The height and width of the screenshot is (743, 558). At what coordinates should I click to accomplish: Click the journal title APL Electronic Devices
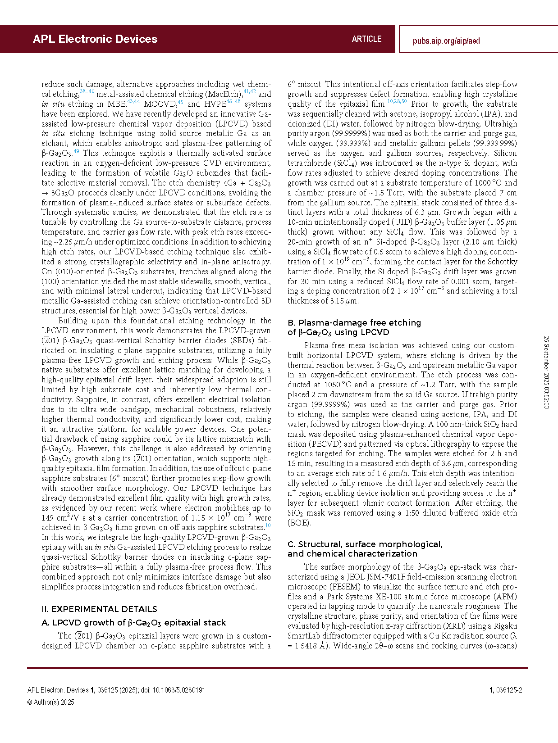95,39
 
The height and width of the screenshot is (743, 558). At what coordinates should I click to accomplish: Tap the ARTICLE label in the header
366,39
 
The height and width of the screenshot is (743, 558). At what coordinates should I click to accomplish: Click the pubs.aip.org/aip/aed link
446,41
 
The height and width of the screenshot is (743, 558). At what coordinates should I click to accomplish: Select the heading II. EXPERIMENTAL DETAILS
99,609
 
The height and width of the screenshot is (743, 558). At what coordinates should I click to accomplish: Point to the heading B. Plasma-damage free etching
354,323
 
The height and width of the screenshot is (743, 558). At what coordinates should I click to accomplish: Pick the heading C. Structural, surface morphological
365,544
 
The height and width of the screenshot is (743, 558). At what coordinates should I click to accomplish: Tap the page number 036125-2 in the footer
509,690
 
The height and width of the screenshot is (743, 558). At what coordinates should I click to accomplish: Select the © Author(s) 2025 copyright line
51,702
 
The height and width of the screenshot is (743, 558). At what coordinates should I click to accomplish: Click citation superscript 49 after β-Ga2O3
76,152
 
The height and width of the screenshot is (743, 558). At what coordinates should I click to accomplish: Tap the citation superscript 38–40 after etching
87,92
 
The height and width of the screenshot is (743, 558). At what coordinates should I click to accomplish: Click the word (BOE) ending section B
299,523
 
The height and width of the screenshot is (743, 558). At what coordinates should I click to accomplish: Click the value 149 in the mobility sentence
47,518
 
